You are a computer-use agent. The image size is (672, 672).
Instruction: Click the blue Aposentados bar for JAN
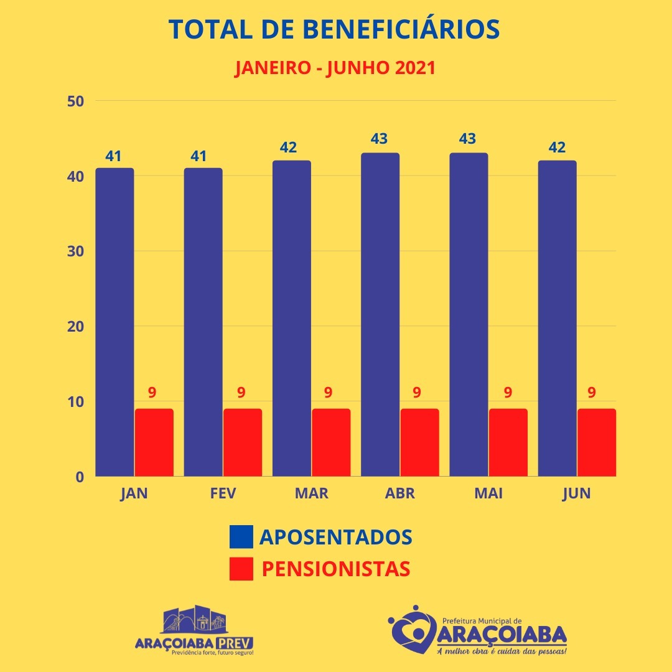point(114,322)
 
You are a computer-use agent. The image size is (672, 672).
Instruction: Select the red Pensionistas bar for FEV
point(243,442)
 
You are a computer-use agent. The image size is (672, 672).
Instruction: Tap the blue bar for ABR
point(380,314)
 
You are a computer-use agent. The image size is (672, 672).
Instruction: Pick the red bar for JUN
point(596,442)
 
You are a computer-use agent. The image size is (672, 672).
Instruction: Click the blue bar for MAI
point(469,314)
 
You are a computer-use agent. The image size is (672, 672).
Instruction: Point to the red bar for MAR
point(331,442)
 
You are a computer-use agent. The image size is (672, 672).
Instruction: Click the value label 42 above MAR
point(288,147)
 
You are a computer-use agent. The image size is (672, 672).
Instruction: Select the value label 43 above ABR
point(380,138)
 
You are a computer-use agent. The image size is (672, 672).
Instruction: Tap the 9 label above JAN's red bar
point(152,393)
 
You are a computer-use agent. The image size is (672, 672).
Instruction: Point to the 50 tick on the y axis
point(75,101)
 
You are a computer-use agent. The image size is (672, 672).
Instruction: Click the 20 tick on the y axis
point(75,326)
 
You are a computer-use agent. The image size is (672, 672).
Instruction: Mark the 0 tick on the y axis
point(80,477)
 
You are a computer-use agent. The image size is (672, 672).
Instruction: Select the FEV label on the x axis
point(223,493)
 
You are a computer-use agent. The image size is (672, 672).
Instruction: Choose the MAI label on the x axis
point(488,493)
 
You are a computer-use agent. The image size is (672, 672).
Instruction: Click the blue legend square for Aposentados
point(241,536)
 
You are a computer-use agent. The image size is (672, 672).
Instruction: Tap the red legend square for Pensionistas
point(241,569)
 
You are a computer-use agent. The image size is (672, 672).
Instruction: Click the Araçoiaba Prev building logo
point(194,620)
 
